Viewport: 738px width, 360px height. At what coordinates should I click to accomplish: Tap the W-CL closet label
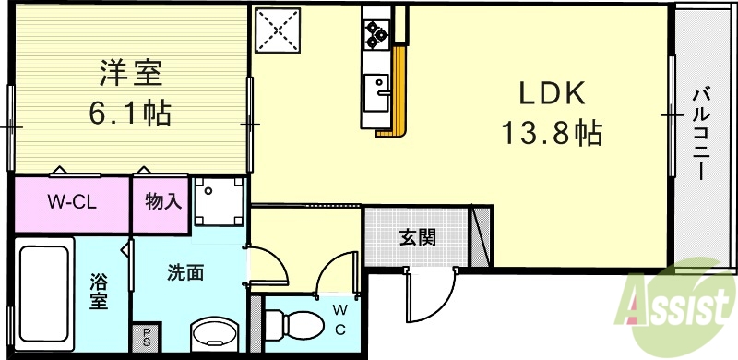click(x=73, y=201)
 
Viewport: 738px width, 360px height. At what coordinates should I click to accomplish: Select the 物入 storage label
click(x=163, y=201)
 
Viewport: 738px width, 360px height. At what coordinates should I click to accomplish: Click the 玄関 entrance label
click(x=417, y=236)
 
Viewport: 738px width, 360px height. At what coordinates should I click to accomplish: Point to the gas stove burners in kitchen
click(x=376, y=33)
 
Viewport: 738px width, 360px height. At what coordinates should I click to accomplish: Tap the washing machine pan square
click(x=219, y=201)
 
